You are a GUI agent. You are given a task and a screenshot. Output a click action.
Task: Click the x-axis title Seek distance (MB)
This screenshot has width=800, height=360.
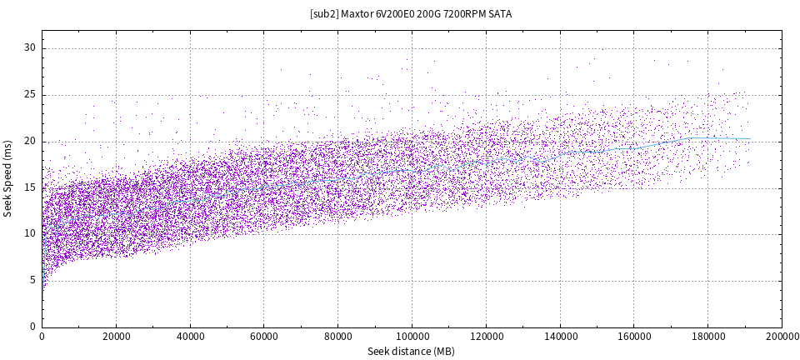[x=412, y=352]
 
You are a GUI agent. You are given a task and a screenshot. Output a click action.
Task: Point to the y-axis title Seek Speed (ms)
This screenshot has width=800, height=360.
[x=8, y=178]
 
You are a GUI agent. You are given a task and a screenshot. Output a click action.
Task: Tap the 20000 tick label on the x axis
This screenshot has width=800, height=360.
[x=116, y=337]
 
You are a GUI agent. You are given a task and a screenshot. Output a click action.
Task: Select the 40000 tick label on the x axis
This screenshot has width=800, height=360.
[x=190, y=337]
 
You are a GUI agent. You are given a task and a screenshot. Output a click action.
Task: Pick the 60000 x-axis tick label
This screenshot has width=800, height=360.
[x=264, y=337]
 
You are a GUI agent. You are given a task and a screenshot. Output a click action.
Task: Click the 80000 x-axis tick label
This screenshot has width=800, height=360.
[x=337, y=337]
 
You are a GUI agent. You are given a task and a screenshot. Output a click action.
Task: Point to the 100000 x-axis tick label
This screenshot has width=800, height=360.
[x=412, y=337]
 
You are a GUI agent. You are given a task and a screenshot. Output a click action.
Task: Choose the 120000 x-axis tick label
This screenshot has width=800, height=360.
[x=486, y=337]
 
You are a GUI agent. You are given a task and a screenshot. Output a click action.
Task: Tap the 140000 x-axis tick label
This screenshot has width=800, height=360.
[x=560, y=337]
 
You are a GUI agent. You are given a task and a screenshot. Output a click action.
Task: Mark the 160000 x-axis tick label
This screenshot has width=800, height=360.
[x=633, y=337]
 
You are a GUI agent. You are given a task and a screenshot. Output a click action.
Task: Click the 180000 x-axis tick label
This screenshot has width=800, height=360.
[x=707, y=337]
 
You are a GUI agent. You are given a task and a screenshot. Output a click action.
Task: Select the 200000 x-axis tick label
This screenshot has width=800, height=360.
[x=780, y=337]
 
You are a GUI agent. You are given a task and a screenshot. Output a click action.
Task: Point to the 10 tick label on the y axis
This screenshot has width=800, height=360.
[x=31, y=234]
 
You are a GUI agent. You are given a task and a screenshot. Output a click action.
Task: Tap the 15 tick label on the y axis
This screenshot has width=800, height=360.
[x=31, y=187]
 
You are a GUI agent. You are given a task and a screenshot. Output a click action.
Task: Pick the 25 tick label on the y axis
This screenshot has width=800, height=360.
[x=31, y=94]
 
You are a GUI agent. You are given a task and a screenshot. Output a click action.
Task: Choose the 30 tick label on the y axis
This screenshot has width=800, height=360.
[x=31, y=47]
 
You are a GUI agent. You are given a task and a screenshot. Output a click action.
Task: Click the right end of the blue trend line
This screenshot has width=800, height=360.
[x=750, y=139]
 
